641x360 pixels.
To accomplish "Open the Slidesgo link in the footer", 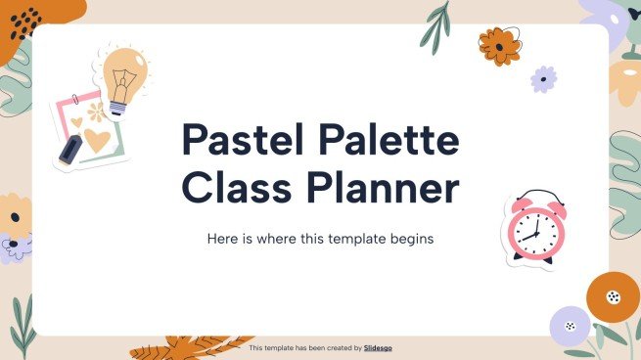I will pos(378,348).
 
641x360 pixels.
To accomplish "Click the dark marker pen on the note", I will pos(69,150).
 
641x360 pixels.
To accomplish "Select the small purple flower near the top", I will pos(543,78).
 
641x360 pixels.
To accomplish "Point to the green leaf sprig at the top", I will pos(435,26).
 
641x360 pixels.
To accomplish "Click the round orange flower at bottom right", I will pos(613,296).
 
